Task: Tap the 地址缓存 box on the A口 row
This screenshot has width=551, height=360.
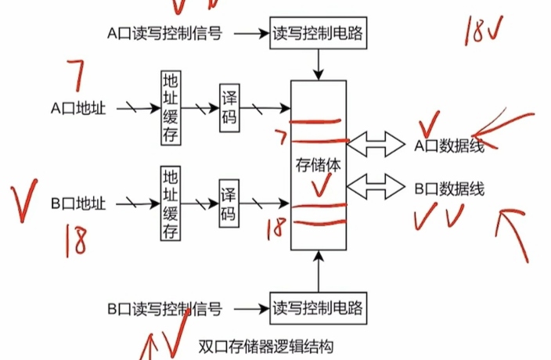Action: (170, 107)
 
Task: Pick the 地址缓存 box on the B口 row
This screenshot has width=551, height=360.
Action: (170, 203)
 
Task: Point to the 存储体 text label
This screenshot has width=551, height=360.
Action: (317, 164)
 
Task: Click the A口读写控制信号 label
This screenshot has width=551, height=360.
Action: (164, 34)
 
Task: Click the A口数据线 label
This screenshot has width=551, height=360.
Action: (449, 145)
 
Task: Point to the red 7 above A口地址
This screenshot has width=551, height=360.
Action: (76, 79)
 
